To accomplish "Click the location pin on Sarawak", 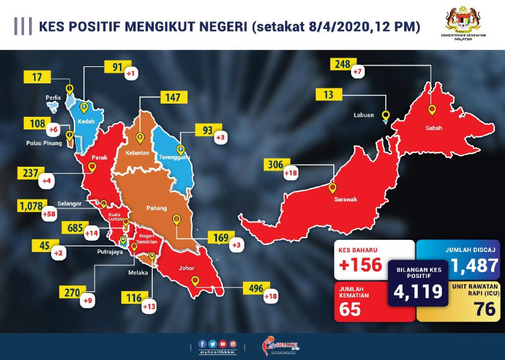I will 333,188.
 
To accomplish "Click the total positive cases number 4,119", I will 414,291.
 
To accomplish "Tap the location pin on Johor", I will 195,280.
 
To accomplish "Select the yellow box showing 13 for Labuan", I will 328,95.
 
